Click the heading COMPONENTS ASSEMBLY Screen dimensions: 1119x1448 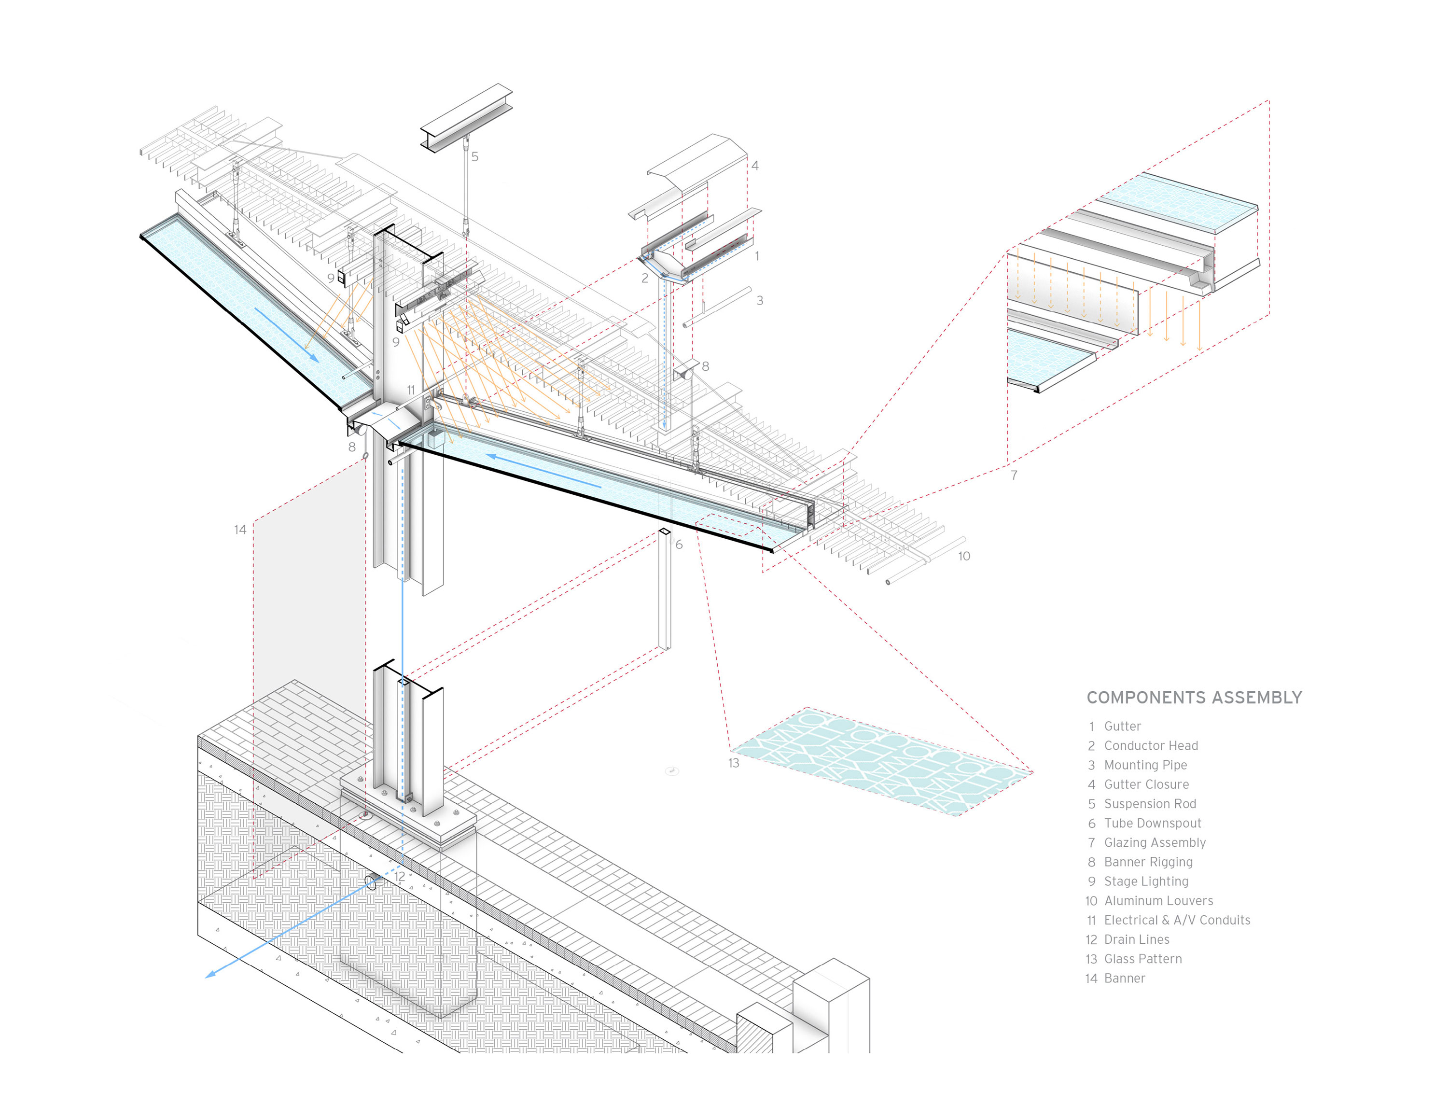[1194, 698]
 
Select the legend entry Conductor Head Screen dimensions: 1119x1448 [1150, 746]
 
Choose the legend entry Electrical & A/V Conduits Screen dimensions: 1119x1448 [1177, 920]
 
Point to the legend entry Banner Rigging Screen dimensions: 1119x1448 [1148, 862]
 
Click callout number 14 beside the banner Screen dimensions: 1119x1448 [240, 530]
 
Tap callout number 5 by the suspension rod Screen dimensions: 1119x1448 [475, 157]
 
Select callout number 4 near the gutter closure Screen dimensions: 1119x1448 [754, 166]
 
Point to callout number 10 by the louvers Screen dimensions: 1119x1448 [964, 556]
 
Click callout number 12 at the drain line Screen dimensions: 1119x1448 [399, 876]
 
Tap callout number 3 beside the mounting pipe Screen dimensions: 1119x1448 [760, 301]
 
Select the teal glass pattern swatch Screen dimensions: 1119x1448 [882, 761]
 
